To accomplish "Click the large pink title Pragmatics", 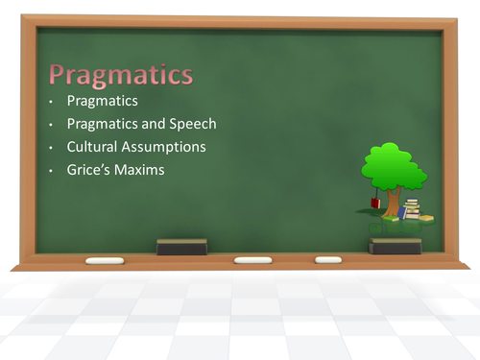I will pos(121,75).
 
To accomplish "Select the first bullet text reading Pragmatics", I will pos(103,101).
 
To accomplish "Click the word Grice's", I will pos(91,171).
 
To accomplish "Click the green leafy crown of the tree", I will pos(394,165).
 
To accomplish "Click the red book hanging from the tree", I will pos(375,204).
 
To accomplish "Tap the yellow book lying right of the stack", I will pos(425,219).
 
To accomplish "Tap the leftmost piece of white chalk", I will pos(105,260).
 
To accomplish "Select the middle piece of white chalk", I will pos(253,259).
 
